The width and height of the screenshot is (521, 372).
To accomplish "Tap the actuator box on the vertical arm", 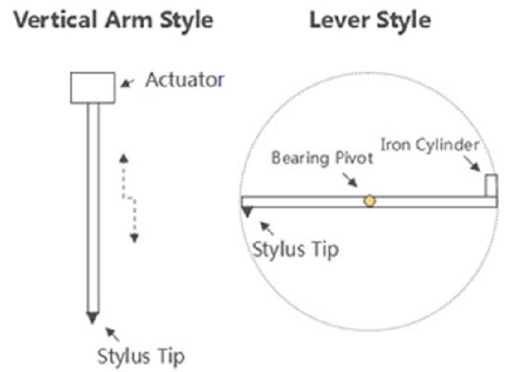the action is pos(93,87).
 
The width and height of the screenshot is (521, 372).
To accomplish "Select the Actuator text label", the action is pos(183,80).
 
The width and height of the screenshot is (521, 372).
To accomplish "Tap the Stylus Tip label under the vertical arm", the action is pos(141,358).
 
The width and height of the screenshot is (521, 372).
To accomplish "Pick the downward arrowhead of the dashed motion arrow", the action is pos(134,237).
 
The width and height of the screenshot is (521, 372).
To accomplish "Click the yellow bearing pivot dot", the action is pos(370,201).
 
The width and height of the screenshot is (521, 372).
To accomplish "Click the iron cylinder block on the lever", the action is pos(490,185).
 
